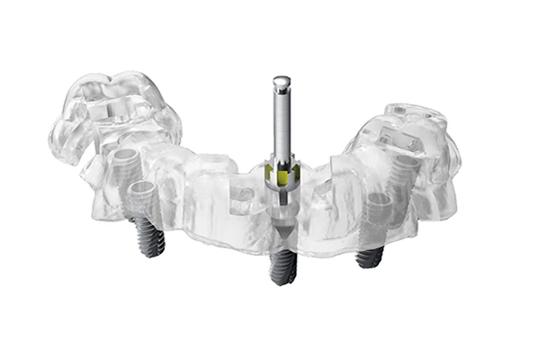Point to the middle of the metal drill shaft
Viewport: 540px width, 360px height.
(x=282, y=126)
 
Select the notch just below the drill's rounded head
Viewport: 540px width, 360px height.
(x=282, y=91)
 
